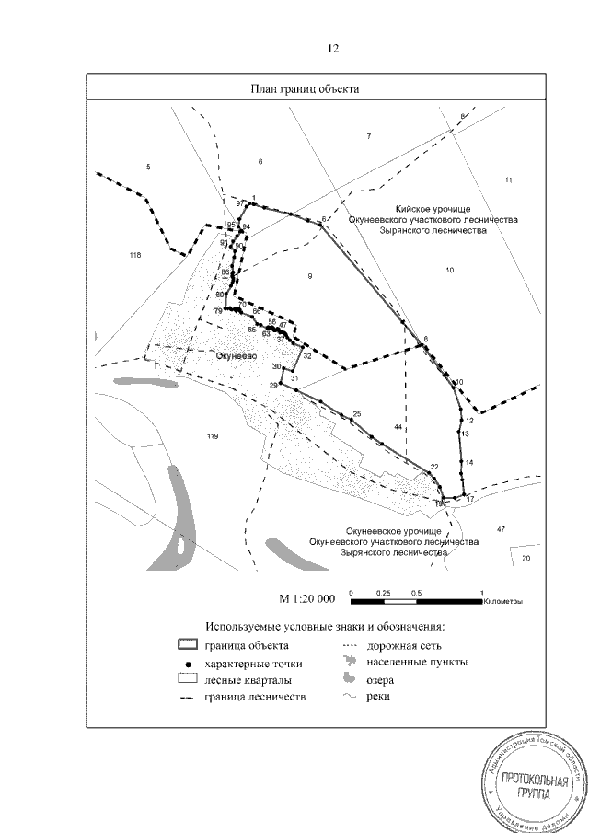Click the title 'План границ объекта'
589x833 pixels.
coord(305,89)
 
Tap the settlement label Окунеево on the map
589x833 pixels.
coord(237,354)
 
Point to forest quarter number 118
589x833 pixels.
coord(136,255)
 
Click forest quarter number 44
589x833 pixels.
coord(398,428)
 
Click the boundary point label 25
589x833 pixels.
coord(357,414)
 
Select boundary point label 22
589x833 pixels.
coord(434,468)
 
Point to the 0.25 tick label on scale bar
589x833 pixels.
coord(384,593)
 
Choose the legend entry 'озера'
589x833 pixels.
coord(379,681)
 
